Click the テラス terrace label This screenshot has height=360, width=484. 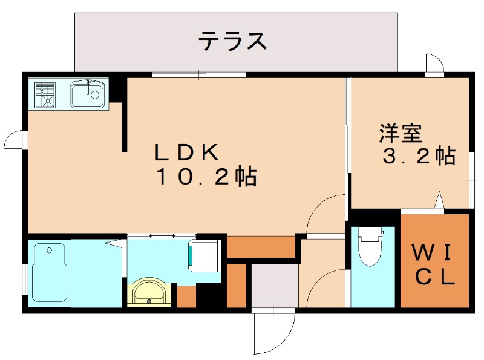click(233, 41)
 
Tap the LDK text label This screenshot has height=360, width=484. click(185, 151)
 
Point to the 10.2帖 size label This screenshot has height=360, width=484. click(206, 177)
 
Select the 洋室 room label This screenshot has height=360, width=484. click(401, 132)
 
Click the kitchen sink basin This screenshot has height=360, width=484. click(88, 94)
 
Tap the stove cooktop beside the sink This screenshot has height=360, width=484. click(46, 94)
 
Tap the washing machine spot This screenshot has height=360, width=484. click(205, 254)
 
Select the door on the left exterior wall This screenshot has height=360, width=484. click(13, 140)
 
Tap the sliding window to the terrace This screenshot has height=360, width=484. click(199, 74)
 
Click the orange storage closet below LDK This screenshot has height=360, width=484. click(260, 247)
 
